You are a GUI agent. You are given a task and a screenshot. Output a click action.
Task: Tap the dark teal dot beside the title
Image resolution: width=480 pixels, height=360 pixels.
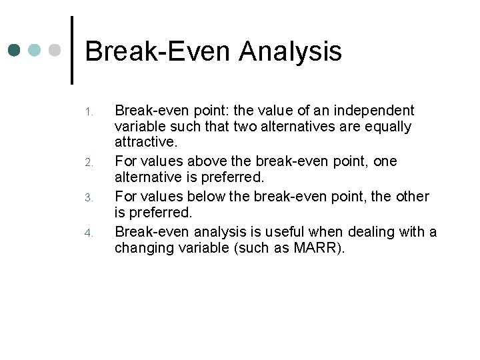[x=15, y=50]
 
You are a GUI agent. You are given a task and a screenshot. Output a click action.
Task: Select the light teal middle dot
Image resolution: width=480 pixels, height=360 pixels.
[x=35, y=50]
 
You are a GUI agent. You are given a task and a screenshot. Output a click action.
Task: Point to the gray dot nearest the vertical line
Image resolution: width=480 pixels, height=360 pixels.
[x=55, y=50]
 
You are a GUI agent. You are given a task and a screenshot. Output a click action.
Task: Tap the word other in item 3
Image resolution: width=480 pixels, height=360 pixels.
[x=411, y=197]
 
